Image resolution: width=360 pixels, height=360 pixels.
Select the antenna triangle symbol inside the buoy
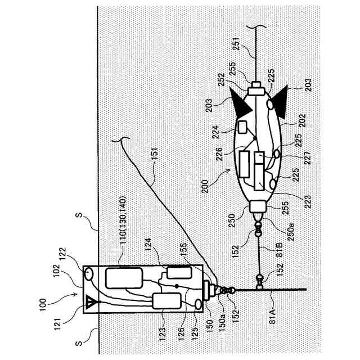(90, 304)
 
